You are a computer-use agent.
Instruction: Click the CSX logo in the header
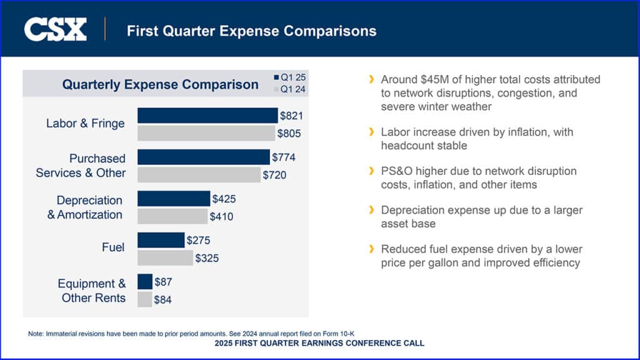coord(55,29)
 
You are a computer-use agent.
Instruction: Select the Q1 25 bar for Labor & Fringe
coord(207,115)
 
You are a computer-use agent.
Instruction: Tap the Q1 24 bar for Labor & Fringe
coord(206,133)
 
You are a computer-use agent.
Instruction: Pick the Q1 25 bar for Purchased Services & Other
coord(203,157)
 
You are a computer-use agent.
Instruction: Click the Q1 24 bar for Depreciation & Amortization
coord(172,216)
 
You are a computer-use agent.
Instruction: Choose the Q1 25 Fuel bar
coord(161,240)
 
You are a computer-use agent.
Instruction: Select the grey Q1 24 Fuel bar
coord(165,257)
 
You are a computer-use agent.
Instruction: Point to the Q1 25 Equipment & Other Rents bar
coord(144,281)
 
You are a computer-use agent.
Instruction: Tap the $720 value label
coord(274,175)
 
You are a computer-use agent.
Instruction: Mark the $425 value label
coord(224,199)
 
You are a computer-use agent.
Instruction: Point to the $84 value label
coord(163,300)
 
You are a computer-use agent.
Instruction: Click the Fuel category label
coord(113,247)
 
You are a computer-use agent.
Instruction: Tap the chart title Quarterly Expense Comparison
coord(160,84)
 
